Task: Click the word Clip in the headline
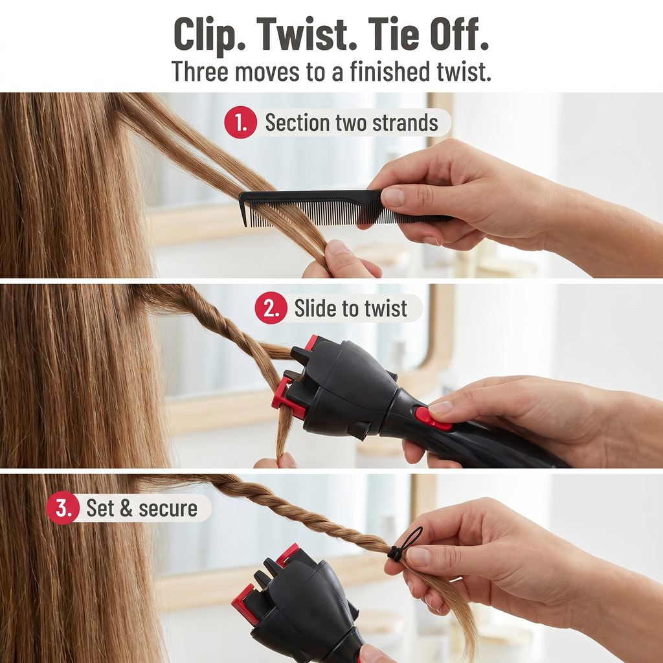206,36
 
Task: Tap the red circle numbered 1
241,122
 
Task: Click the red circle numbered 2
271,308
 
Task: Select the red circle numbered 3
63,508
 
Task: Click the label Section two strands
352,122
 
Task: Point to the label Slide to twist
350,308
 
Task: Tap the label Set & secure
142,508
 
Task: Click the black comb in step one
343,207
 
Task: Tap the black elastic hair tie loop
406,544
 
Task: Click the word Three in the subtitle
201,71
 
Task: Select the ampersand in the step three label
126,508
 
